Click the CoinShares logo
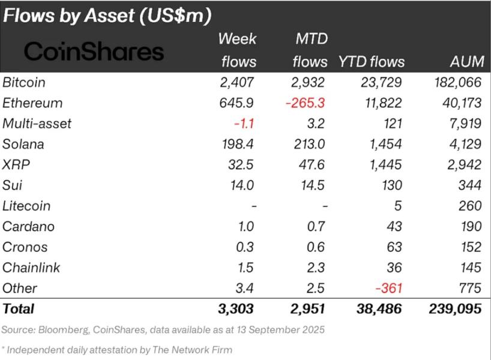[x=94, y=52]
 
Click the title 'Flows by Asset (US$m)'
[x=107, y=16]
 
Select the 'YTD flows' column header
[x=372, y=62]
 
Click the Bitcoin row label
[x=24, y=82]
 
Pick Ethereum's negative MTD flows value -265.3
[x=305, y=103]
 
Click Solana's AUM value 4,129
[x=465, y=144]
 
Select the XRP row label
[x=16, y=164]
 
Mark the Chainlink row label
[x=31, y=268]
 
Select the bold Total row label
[x=19, y=309]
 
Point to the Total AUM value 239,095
[x=454, y=309]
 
